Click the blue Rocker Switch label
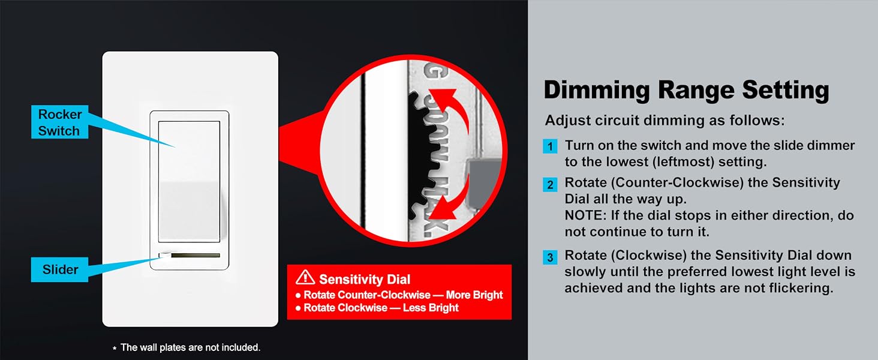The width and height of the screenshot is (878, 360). coord(59,122)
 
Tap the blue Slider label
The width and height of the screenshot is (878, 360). coord(59,269)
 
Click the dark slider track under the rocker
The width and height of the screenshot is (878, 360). coord(195,255)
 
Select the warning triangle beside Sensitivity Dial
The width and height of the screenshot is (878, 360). coord(305,277)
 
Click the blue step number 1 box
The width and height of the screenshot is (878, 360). coord(550,146)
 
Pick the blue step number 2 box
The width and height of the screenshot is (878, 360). coord(550,184)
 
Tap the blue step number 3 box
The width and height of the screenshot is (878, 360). coord(550,257)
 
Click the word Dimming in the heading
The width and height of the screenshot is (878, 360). coord(597,91)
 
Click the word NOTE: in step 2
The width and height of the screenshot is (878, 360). coord(584,215)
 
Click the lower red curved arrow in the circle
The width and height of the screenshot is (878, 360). coord(451,197)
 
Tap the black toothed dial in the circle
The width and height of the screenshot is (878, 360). coord(419,155)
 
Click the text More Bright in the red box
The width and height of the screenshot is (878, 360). coord(474,295)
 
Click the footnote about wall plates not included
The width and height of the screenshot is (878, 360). coord(187,347)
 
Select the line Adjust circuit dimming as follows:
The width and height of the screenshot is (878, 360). coord(664,121)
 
